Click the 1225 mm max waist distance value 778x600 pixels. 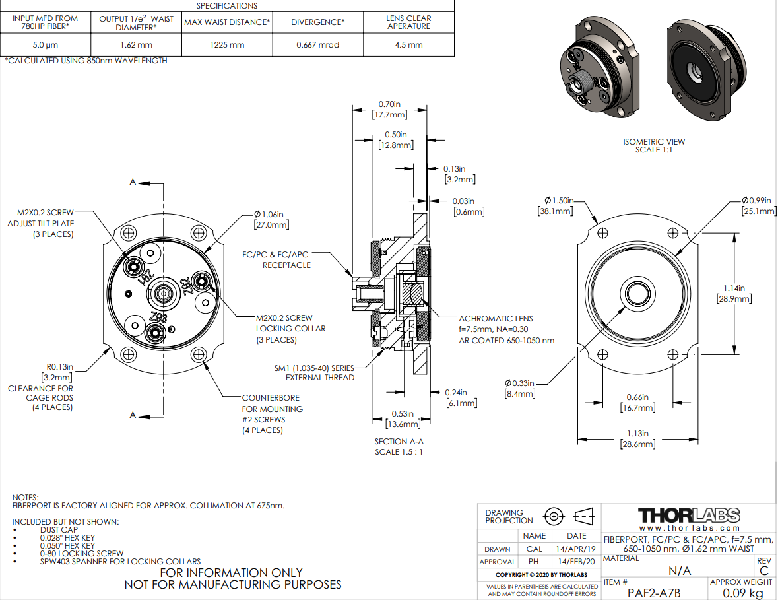(x=227, y=45)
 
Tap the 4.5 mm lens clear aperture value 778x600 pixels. (x=408, y=45)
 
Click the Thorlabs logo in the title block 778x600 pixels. (x=689, y=515)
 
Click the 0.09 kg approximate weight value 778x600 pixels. (x=740, y=593)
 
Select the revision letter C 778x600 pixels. (x=764, y=571)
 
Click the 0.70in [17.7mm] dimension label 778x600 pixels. (x=392, y=109)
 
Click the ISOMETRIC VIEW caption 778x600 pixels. (x=653, y=145)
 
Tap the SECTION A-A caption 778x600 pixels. (x=400, y=446)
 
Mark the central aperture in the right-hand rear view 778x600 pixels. (x=637, y=293)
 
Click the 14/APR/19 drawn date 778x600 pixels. (x=576, y=549)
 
